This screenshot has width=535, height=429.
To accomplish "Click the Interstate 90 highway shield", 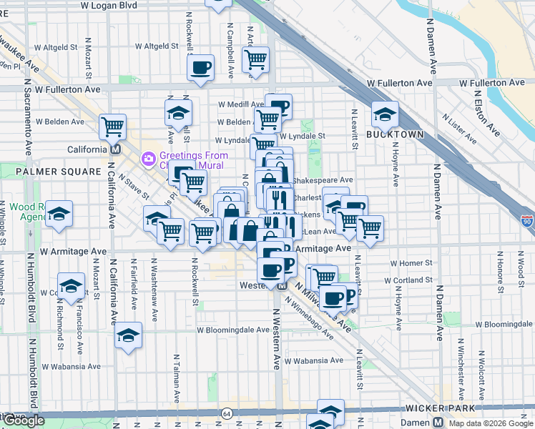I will pyautogui.click(x=527, y=222).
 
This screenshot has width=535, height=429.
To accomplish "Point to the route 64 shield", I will pyautogui.click(x=227, y=413).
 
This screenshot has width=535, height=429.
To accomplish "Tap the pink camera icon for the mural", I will pyautogui.click(x=149, y=157).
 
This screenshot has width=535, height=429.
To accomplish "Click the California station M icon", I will pyautogui.click(x=114, y=149).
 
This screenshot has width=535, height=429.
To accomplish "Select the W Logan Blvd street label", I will pyautogui.click(x=109, y=5).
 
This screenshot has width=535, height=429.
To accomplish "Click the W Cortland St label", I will pyautogui.click(x=408, y=281).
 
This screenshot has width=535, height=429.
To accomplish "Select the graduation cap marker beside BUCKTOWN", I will pyautogui.click(x=385, y=114).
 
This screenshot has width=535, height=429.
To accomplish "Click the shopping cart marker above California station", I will pyautogui.click(x=113, y=127).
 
